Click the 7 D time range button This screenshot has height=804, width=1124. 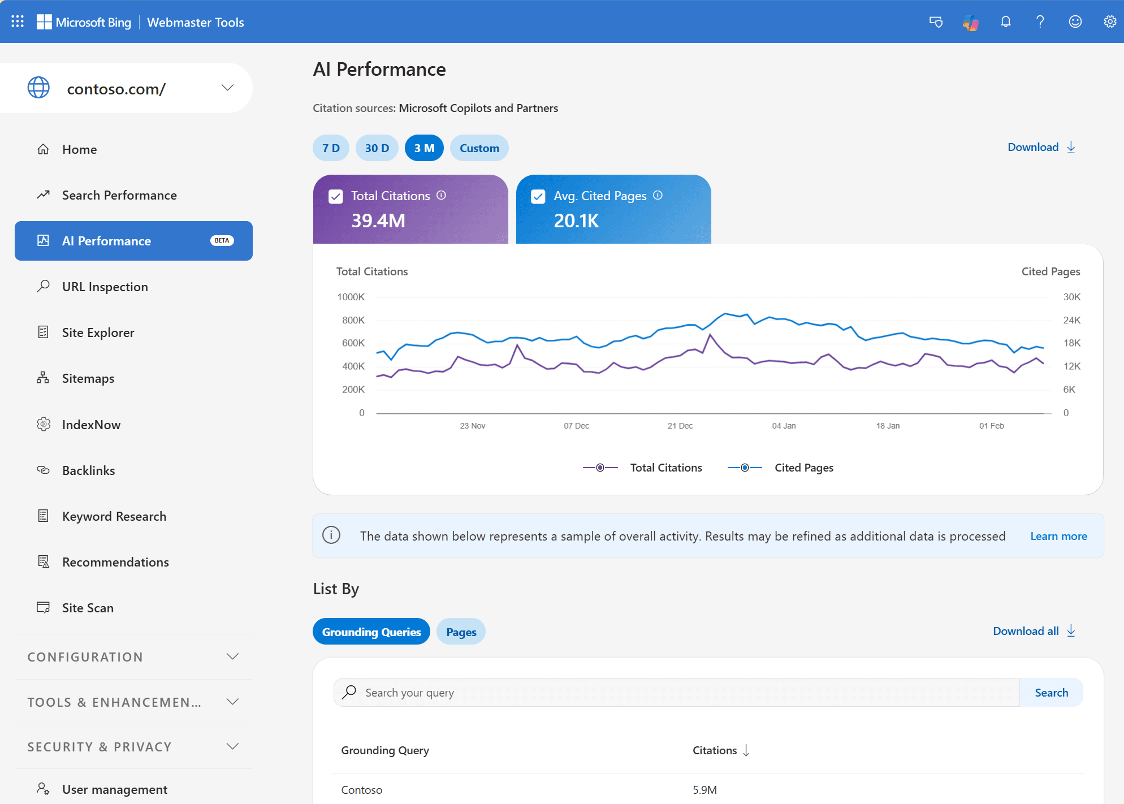(331, 148)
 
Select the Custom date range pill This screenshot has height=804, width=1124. (479, 148)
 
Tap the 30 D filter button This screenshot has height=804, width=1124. (377, 148)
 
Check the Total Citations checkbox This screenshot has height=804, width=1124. (336, 196)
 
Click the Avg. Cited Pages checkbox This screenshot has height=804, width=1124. (538, 196)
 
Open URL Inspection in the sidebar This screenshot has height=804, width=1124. (105, 287)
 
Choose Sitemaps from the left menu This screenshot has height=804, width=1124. (88, 378)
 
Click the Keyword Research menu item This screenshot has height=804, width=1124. (114, 516)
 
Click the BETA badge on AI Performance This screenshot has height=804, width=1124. (222, 241)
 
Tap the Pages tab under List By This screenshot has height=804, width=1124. (461, 632)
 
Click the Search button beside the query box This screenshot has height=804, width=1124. (1051, 693)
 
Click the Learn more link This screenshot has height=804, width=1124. (1058, 536)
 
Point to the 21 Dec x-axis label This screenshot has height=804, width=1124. (680, 426)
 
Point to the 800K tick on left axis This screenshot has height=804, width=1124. (353, 320)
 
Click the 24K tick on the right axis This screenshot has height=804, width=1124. (1071, 320)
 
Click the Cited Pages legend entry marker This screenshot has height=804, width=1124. (745, 468)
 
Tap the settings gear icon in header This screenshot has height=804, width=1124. (1110, 22)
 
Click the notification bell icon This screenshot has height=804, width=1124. (1005, 22)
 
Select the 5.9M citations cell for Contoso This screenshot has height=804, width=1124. (704, 790)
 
